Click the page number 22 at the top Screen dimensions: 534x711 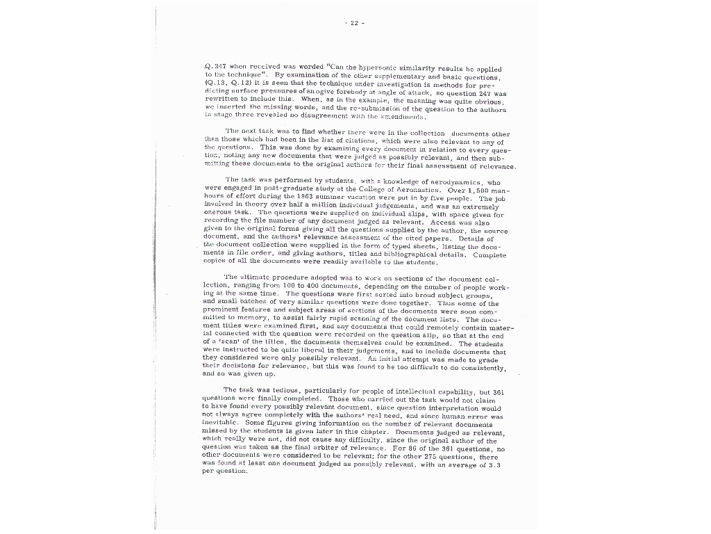(x=353, y=23)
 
